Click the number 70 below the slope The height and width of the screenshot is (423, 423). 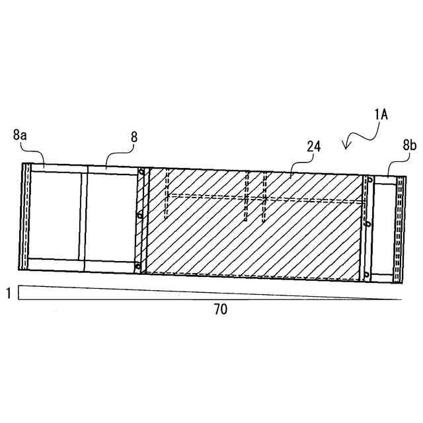pyautogui.click(x=220, y=309)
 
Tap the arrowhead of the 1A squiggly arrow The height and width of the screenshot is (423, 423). pyautogui.click(x=345, y=147)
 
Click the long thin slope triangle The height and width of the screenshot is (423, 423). pyautogui.click(x=132, y=291)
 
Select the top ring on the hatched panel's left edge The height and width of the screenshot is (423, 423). pyautogui.click(x=140, y=173)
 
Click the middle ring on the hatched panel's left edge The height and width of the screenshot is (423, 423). pyautogui.click(x=139, y=215)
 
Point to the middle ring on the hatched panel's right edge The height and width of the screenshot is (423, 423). pyautogui.click(x=365, y=223)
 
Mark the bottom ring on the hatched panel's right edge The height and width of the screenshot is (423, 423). pyautogui.click(x=365, y=273)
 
